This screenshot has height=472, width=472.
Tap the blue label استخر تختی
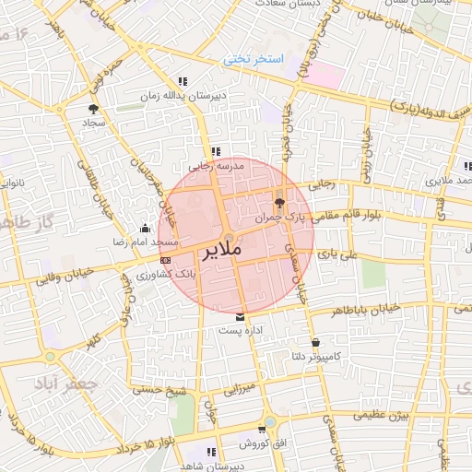click(x=254, y=60)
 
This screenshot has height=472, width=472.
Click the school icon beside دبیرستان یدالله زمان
click(x=183, y=81)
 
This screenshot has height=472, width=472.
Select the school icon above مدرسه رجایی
click(x=215, y=152)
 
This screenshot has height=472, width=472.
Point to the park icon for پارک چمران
click(x=280, y=204)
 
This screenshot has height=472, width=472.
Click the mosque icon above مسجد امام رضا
click(x=144, y=228)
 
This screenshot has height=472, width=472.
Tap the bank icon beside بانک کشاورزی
click(x=165, y=261)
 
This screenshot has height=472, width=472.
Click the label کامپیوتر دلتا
click(x=337, y=355)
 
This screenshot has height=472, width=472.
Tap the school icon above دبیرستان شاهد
click(x=211, y=452)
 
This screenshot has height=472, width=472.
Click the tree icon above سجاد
click(x=93, y=108)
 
